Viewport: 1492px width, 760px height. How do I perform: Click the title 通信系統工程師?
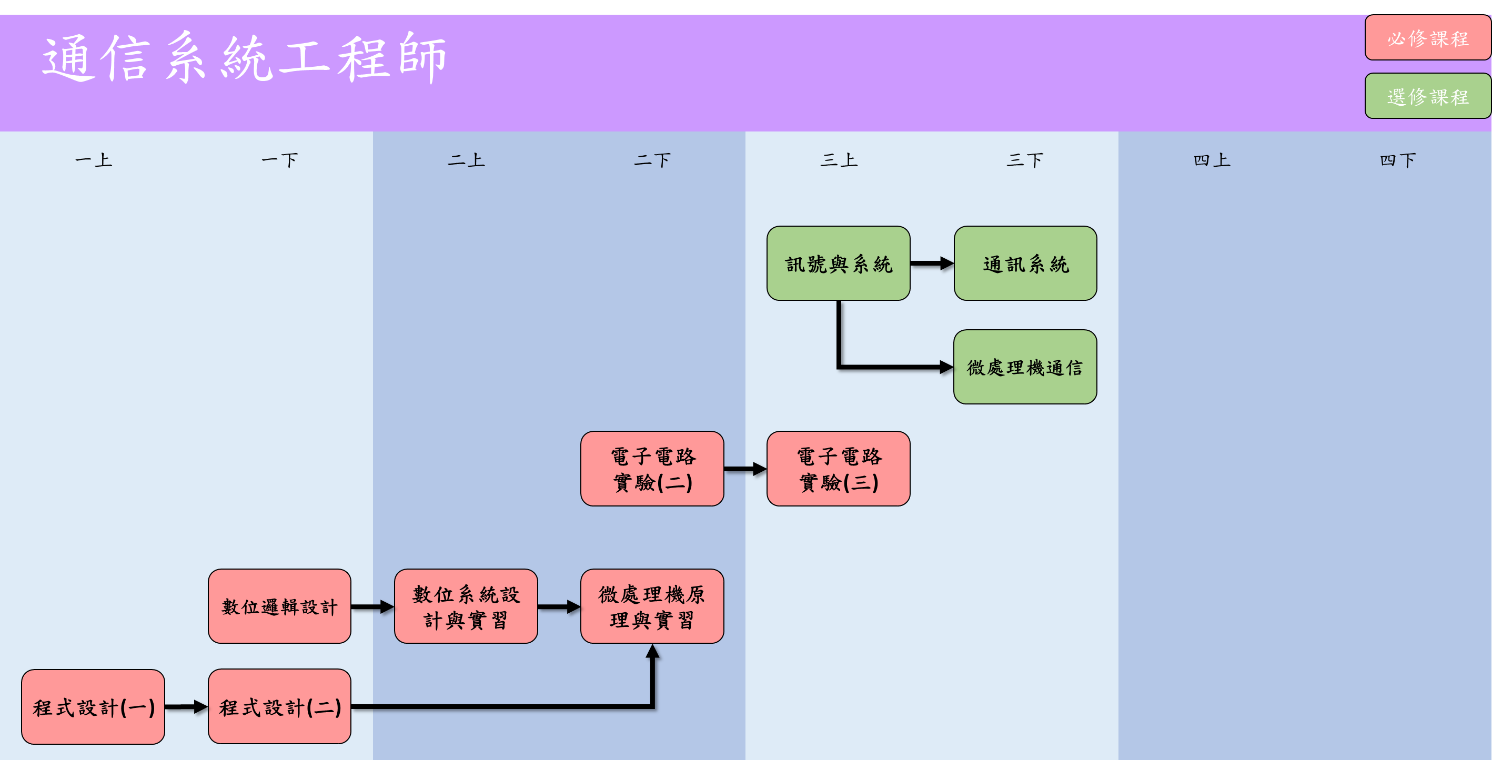click(243, 58)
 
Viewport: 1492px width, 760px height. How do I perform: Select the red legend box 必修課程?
click(1427, 38)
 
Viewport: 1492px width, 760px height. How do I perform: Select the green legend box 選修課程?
click(1427, 96)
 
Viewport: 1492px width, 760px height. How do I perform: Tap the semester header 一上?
click(93, 160)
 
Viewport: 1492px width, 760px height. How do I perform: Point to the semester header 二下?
click(652, 160)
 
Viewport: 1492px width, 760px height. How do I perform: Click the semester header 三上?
click(839, 160)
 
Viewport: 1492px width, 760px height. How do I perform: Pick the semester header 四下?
click(1398, 160)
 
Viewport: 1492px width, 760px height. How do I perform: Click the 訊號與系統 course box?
click(838, 264)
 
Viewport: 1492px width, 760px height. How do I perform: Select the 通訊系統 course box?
click(1025, 264)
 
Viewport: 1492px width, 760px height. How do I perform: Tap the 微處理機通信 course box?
click(1025, 367)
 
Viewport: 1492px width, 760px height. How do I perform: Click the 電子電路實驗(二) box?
click(652, 469)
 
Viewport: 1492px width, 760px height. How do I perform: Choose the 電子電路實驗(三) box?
click(838, 469)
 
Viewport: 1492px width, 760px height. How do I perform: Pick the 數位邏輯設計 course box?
click(279, 606)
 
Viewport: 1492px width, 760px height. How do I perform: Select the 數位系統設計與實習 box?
click(466, 606)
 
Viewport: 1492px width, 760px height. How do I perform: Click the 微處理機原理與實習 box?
click(652, 606)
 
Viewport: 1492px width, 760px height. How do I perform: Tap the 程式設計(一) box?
click(93, 707)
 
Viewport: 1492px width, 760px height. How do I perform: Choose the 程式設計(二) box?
click(279, 707)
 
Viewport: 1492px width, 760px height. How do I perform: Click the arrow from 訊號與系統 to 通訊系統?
click(931, 264)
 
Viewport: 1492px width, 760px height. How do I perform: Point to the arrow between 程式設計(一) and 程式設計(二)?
click(186, 707)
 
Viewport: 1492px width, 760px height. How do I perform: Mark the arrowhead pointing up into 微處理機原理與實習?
click(653, 652)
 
